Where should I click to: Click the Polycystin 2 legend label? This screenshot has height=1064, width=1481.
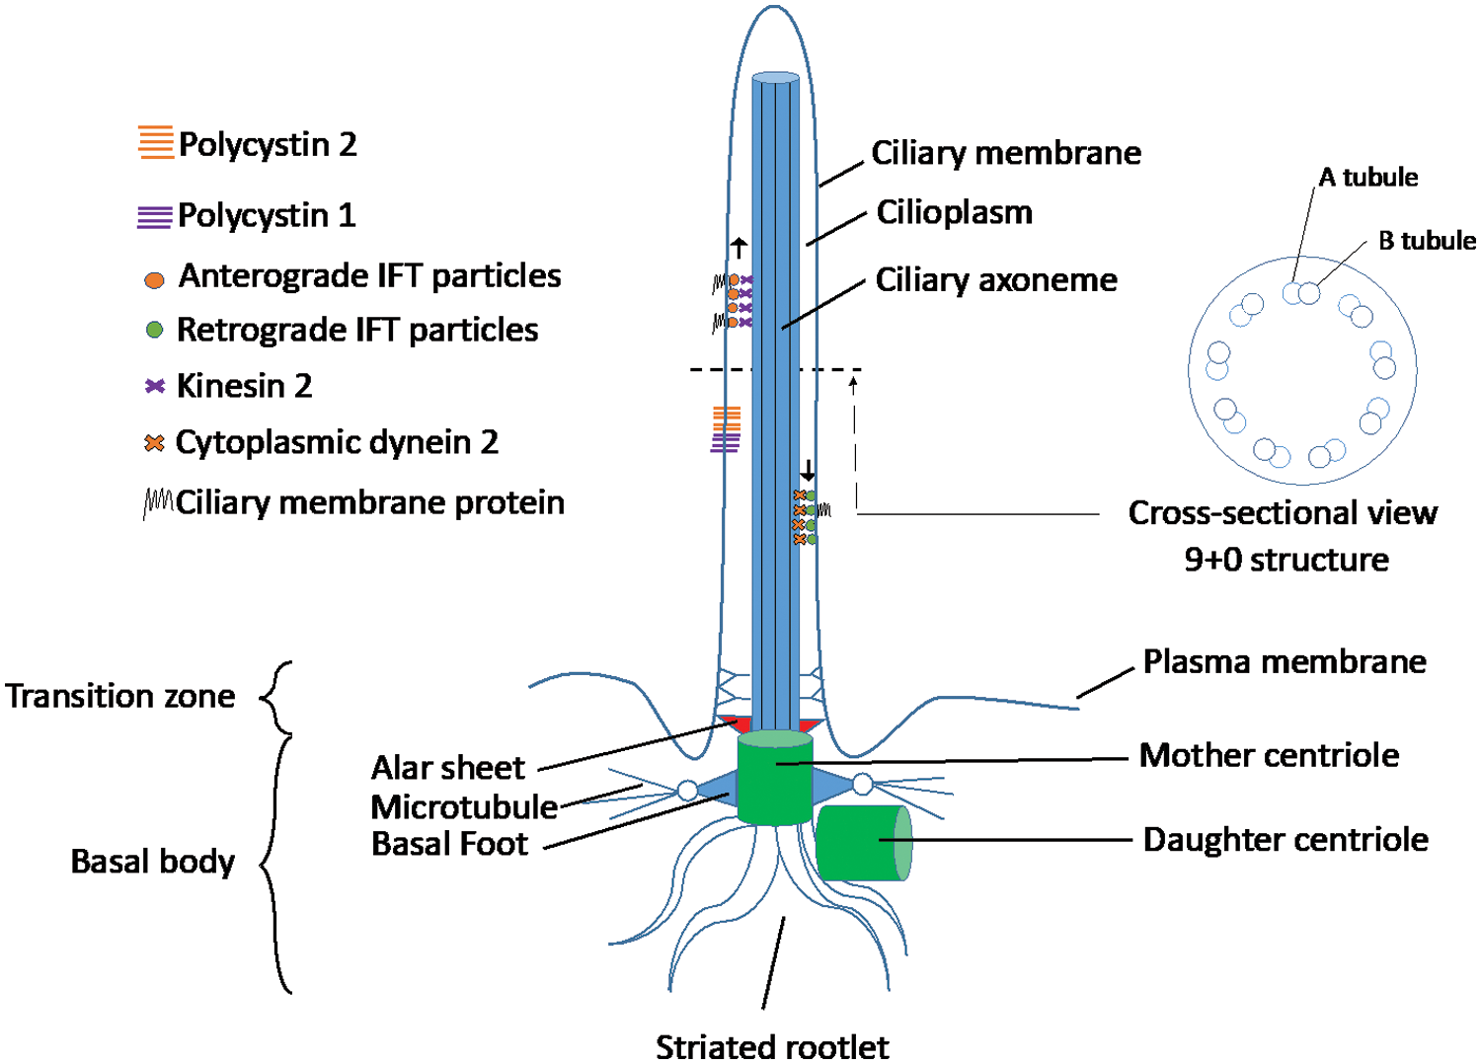(x=267, y=144)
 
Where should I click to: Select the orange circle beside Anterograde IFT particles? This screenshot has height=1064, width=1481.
(x=154, y=280)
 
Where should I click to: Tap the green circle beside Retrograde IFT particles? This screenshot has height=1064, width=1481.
(x=154, y=330)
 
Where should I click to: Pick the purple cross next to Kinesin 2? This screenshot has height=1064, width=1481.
(x=154, y=386)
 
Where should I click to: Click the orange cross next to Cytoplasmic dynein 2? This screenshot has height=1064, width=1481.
(x=154, y=443)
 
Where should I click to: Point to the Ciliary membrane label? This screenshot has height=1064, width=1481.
(x=1005, y=153)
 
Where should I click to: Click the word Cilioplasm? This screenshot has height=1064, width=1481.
(x=954, y=212)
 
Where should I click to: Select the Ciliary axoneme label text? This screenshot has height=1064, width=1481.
(x=995, y=279)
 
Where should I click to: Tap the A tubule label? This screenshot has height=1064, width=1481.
(x=1367, y=177)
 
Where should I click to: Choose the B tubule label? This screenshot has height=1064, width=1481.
(x=1426, y=240)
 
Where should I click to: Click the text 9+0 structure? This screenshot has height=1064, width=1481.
(x=1286, y=560)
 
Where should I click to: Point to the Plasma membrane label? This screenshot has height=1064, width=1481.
(x=1284, y=661)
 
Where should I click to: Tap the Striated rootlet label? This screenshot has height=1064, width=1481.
(x=772, y=1045)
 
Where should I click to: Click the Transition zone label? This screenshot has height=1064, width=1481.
(x=120, y=696)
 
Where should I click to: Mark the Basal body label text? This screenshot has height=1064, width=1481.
(x=152, y=862)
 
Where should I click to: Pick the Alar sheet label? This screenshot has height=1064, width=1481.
(x=447, y=767)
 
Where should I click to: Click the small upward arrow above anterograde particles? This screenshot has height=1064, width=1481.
(x=739, y=247)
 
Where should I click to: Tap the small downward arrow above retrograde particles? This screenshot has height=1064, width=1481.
(x=808, y=470)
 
